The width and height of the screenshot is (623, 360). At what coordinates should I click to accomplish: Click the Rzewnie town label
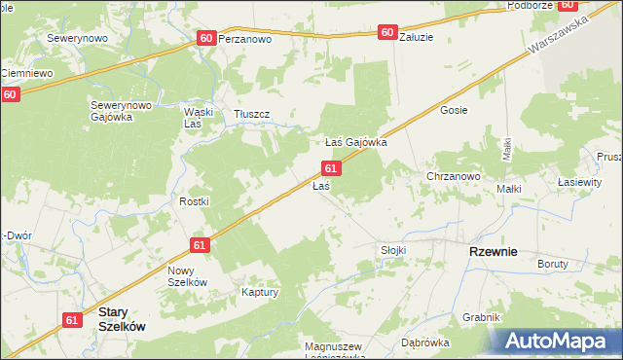click(x=493, y=251)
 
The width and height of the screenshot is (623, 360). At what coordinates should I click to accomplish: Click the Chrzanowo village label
click(x=454, y=177)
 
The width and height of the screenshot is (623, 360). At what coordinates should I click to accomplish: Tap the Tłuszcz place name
click(x=251, y=115)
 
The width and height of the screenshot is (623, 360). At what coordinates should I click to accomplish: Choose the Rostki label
click(x=195, y=201)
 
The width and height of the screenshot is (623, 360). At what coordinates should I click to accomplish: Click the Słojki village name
click(x=393, y=250)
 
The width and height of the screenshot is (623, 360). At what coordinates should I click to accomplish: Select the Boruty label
click(x=553, y=264)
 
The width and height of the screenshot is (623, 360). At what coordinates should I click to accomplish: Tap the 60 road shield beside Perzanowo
click(x=205, y=38)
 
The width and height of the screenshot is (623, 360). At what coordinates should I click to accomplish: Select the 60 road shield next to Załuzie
click(x=387, y=33)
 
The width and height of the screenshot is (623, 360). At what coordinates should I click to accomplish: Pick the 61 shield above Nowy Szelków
click(x=200, y=246)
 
